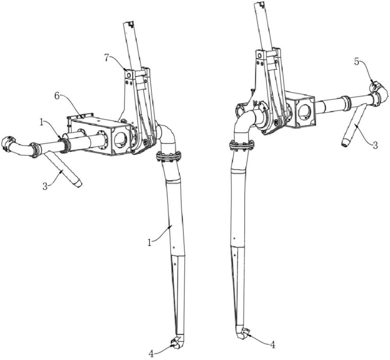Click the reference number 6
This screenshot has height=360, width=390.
57,96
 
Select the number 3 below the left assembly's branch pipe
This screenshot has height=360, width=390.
46,186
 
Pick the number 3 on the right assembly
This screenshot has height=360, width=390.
375,146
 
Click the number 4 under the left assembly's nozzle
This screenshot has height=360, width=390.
151,354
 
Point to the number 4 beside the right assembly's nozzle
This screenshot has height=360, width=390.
273,345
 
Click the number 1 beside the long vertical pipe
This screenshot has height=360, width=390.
149,242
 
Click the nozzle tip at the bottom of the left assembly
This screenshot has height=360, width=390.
175,343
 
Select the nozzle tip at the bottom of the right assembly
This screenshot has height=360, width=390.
245,334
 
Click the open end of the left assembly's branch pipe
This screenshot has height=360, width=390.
79,182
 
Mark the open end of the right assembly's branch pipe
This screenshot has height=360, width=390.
345,143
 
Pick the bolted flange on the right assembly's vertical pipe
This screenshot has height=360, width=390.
242,146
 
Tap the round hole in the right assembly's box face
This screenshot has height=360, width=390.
303,111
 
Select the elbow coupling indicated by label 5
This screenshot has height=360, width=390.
379,94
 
